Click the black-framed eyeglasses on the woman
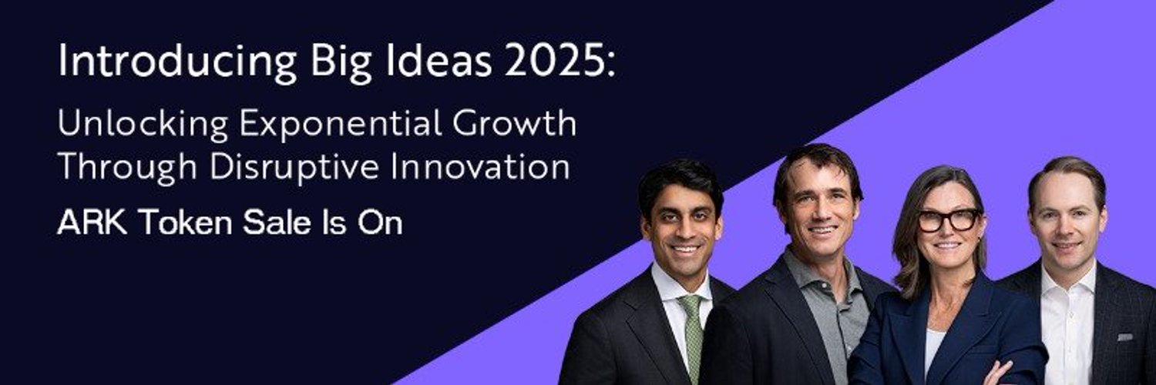[x=949, y=220]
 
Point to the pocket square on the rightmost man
[x=1124, y=337]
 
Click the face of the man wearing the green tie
[x=682, y=227]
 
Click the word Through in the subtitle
[x=128, y=169]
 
